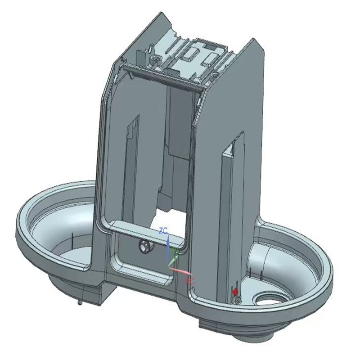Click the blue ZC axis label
(163, 230)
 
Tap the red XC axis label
(189, 281)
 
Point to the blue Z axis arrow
(168, 247)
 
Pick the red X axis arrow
(182, 271)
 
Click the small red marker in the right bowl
(235, 292)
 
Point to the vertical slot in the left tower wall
(131, 148)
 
